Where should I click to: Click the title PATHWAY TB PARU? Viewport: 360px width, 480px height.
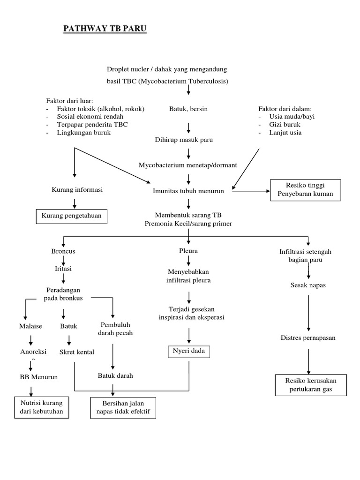coord(105,30)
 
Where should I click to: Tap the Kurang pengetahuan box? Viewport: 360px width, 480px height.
coord(72,217)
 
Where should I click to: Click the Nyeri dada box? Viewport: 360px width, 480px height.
coord(189,351)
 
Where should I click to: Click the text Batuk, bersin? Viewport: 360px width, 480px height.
coord(188,109)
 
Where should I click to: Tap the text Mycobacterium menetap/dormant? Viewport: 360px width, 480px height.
coord(188,165)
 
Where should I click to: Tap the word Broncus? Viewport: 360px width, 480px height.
coord(63,251)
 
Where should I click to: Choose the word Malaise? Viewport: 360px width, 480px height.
coord(30,326)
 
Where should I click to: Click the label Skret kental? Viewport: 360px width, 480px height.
coord(77,352)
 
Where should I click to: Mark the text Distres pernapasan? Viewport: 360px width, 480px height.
coord(308,337)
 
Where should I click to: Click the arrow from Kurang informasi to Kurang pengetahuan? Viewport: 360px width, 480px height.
coord(74,202)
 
